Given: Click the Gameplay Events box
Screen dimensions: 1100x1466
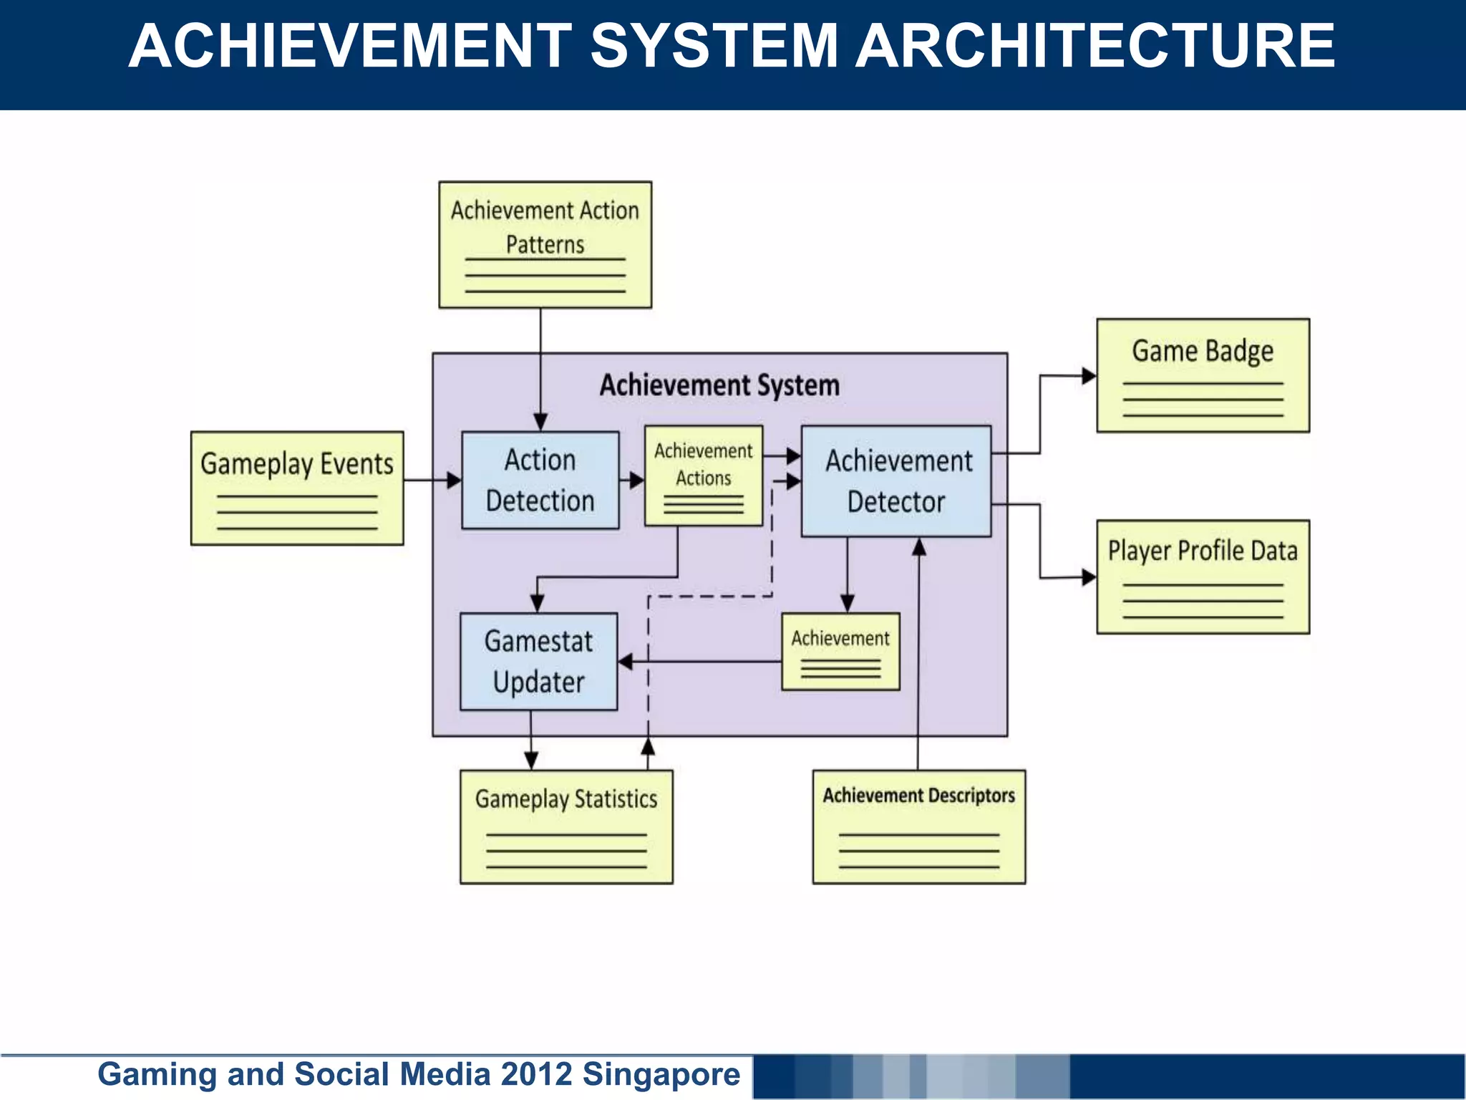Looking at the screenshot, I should coord(296,488).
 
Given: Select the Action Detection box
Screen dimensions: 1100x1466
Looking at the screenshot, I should coord(540,480).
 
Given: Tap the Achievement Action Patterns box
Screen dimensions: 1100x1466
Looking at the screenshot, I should coord(545,244).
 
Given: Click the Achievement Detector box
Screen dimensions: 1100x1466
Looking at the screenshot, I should coord(896,481).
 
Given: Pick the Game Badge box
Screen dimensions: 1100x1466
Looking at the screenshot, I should coord(1203,375).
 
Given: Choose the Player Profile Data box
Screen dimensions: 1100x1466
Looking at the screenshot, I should coord(1203,576).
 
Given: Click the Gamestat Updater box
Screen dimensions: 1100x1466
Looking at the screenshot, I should coord(538,661).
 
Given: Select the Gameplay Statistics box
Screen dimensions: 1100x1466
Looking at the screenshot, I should coord(565,826).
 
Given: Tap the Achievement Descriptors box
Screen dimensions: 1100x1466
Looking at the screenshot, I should coord(918,826).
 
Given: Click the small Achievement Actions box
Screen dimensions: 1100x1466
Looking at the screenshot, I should coord(703,476).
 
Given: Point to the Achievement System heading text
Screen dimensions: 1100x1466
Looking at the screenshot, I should coord(719,385).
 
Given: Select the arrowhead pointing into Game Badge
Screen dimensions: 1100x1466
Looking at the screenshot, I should coord(1089,375).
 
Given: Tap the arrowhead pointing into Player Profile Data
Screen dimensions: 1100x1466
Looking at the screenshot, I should coord(1089,576).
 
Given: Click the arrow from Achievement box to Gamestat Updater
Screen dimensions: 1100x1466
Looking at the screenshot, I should coord(702,662).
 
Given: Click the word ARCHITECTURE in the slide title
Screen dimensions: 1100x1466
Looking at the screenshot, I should coord(1095,46).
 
